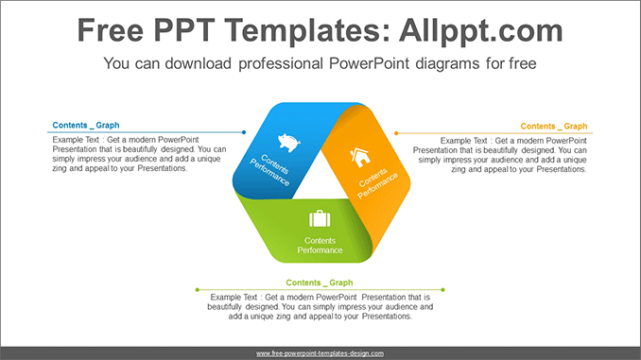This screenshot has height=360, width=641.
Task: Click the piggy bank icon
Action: [x=289, y=142]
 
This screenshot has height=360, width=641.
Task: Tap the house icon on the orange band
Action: [x=360, y=157]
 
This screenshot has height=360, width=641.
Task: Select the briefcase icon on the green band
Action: [x=320, y=218]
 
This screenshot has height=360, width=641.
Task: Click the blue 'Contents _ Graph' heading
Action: [x=86, y=125]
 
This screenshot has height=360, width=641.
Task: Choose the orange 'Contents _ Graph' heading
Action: [x=553, y=127]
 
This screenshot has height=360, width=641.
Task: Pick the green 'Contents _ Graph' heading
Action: [x=320, y=283]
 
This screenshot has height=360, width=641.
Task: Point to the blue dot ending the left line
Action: [x=244, y=132]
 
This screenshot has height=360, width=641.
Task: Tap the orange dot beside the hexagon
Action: [x=396, y=133]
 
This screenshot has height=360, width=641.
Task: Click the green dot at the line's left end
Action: [x=198, y=290]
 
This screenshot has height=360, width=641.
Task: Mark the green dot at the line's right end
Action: [x=443, y=290]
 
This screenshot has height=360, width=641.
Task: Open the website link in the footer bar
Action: [x=320, y=353]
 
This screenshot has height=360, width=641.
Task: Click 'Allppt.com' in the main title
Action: [x=481, y=30]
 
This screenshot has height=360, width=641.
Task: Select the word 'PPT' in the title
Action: [x=184, y=30]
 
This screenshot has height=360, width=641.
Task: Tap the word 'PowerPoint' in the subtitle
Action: [x=369, y=63]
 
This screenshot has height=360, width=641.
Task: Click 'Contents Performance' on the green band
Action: [x=320, y=245]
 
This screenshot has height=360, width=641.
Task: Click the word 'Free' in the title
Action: [x=111, y=30]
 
